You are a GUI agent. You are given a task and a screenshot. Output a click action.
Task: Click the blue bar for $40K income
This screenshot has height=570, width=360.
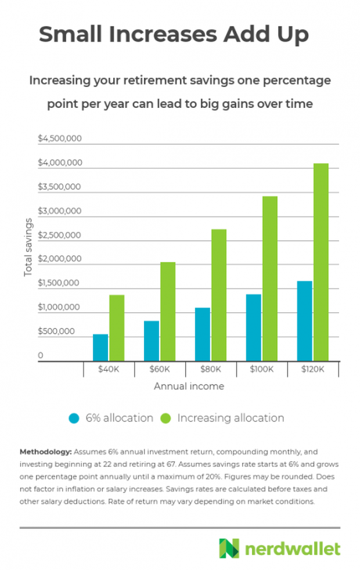100,347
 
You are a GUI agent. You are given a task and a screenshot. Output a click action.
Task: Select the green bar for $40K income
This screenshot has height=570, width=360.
117,328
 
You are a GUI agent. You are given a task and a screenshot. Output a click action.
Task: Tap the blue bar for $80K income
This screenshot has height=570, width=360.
202,334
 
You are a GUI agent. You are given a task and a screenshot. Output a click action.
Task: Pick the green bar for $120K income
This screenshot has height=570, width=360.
321,262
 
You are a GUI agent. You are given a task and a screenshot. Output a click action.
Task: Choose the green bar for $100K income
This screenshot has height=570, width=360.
269,279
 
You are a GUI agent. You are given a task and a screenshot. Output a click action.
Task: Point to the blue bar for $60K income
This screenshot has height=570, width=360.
151,341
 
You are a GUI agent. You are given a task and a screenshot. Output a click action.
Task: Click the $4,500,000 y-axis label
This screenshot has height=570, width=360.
60,139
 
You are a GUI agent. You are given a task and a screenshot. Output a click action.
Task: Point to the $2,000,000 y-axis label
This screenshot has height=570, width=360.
60,259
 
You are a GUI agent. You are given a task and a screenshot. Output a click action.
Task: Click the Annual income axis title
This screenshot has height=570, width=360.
189,385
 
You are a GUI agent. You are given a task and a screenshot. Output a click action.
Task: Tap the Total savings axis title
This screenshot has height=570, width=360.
28,247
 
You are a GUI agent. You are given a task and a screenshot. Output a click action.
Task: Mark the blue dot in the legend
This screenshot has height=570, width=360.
74,418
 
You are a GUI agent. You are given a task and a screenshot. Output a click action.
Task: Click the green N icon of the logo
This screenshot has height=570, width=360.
229,548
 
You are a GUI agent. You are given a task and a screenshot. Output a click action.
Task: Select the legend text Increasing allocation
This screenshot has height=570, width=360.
231,418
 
